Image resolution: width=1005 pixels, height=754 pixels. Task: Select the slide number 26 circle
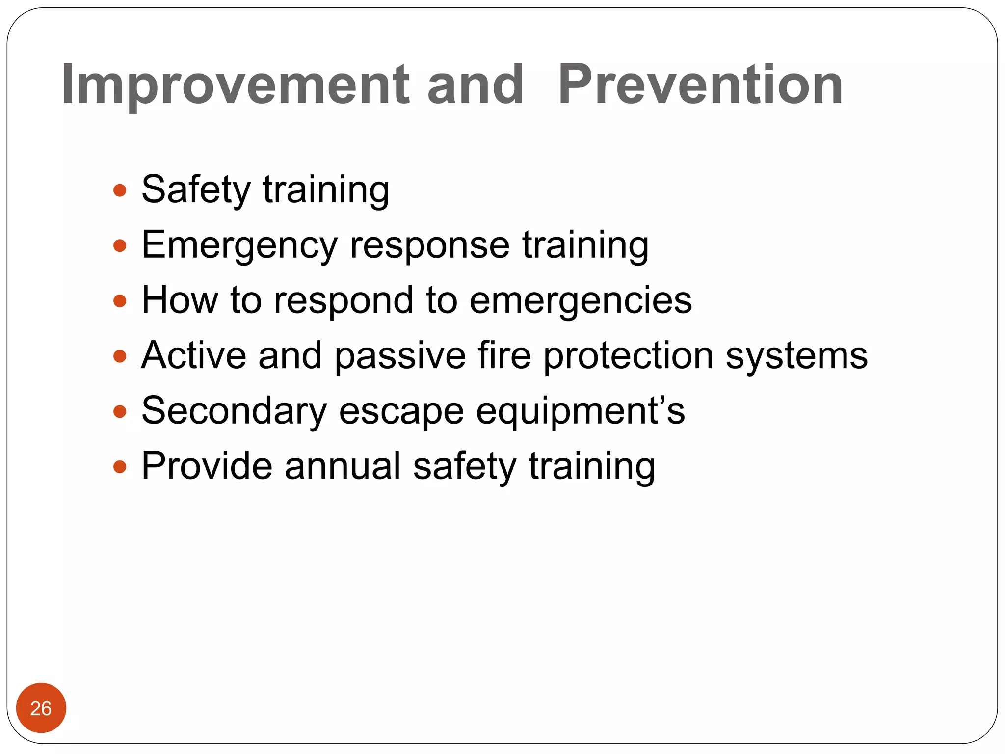pos(41,708)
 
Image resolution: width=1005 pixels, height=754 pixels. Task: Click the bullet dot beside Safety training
pos(120,190)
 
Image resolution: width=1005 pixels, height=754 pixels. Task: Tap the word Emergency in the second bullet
pos(239,245)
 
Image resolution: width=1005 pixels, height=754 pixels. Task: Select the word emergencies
pos(581,300)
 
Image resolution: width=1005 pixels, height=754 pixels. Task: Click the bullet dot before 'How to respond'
pos(120,300)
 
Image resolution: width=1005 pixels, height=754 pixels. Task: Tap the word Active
pos(193,355)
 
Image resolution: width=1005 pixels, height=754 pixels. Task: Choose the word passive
pos(400,355)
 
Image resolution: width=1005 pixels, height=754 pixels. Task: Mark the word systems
pos(796,355)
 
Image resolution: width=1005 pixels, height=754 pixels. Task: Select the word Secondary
pos(234,411)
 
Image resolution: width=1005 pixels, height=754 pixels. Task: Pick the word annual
pos(343,466)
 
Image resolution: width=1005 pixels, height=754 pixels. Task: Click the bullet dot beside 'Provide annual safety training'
pos(120,466)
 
